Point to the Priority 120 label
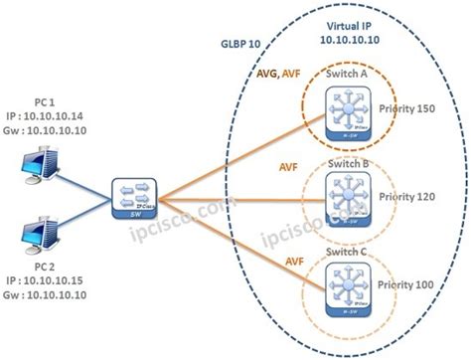tap(410, 196)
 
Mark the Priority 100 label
tap(410, 283)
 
